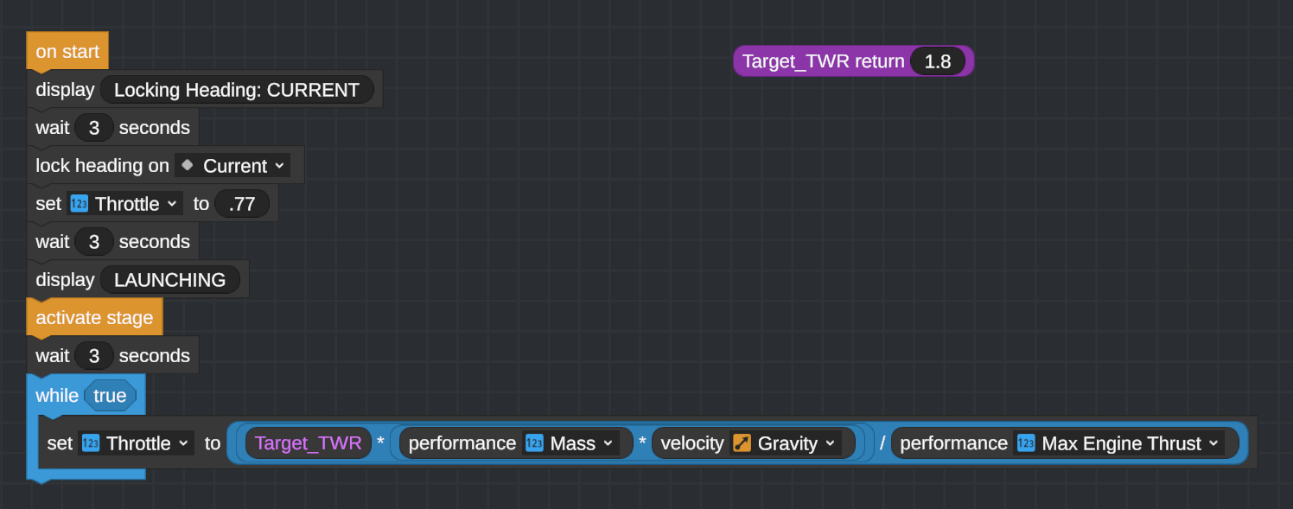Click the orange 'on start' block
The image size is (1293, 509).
pyautogui.click(x=67, y=51)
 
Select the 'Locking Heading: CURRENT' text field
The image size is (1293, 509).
pyautogui.click(x=237, y=90)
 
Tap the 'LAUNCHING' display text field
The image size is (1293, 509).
pyautogui.click(x=169, y=280)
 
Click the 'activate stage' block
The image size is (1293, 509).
pyautogui.click(x=95, y=317)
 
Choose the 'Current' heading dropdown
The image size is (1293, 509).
pyautogui.click(x=232, y=166)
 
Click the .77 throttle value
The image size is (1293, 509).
pyautogui.click(x=241, y=204)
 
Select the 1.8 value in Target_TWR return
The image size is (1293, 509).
pyautogui.click(x=938, y=61)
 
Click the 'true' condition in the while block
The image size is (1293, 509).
pyautogui.click(x=110, y=395)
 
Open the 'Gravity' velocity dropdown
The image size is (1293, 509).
pyautogui.click(x=786, y=443)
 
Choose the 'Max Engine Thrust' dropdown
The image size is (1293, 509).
pyautogui.click(x=1118, y=443)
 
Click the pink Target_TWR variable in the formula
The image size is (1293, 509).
pyautogui.click(x=309, y=443)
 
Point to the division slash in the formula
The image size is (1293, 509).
pyautogui.click(x=882, y=443)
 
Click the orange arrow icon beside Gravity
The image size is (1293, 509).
pyautogui.click(x=742, y=443)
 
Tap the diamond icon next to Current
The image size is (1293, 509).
pyautogui.click(x=187, y=165)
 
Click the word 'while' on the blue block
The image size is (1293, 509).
pyautogui.click(x=56, y=395)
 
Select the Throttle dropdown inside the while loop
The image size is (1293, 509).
pyautogui.click(x=136, y=443)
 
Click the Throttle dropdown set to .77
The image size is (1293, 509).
pyautogui.click(x=124, y=204)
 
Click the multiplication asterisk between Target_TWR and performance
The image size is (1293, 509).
pyautogui.click(x=380, y=442)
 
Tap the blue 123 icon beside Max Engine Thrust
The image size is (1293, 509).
pyautogui.click(x=1026, y=443)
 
